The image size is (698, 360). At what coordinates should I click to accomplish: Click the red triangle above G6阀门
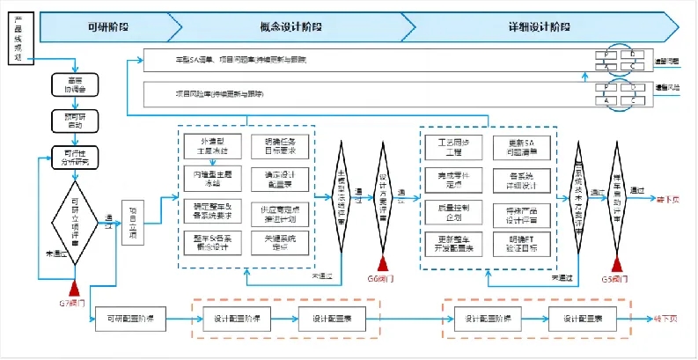384,263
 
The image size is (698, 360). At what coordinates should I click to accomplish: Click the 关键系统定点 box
282,243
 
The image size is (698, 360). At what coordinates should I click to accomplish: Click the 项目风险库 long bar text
219,92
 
